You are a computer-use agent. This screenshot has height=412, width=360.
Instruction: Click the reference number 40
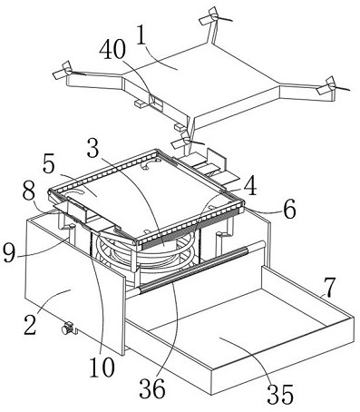click(112, 50)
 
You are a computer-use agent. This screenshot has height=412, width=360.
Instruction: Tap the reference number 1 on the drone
click(141, 34)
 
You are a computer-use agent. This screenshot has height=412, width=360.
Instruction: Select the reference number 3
click(93, 148)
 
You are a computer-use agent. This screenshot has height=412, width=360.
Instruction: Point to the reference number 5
click(48, 164)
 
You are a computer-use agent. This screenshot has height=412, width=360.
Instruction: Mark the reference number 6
click(289, 210)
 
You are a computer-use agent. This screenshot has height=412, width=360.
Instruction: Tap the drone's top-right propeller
click(215, 16)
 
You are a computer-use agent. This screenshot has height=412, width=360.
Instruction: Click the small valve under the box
click(68, 329)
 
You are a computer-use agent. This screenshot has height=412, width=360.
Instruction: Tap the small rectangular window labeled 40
click(156, 101)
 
